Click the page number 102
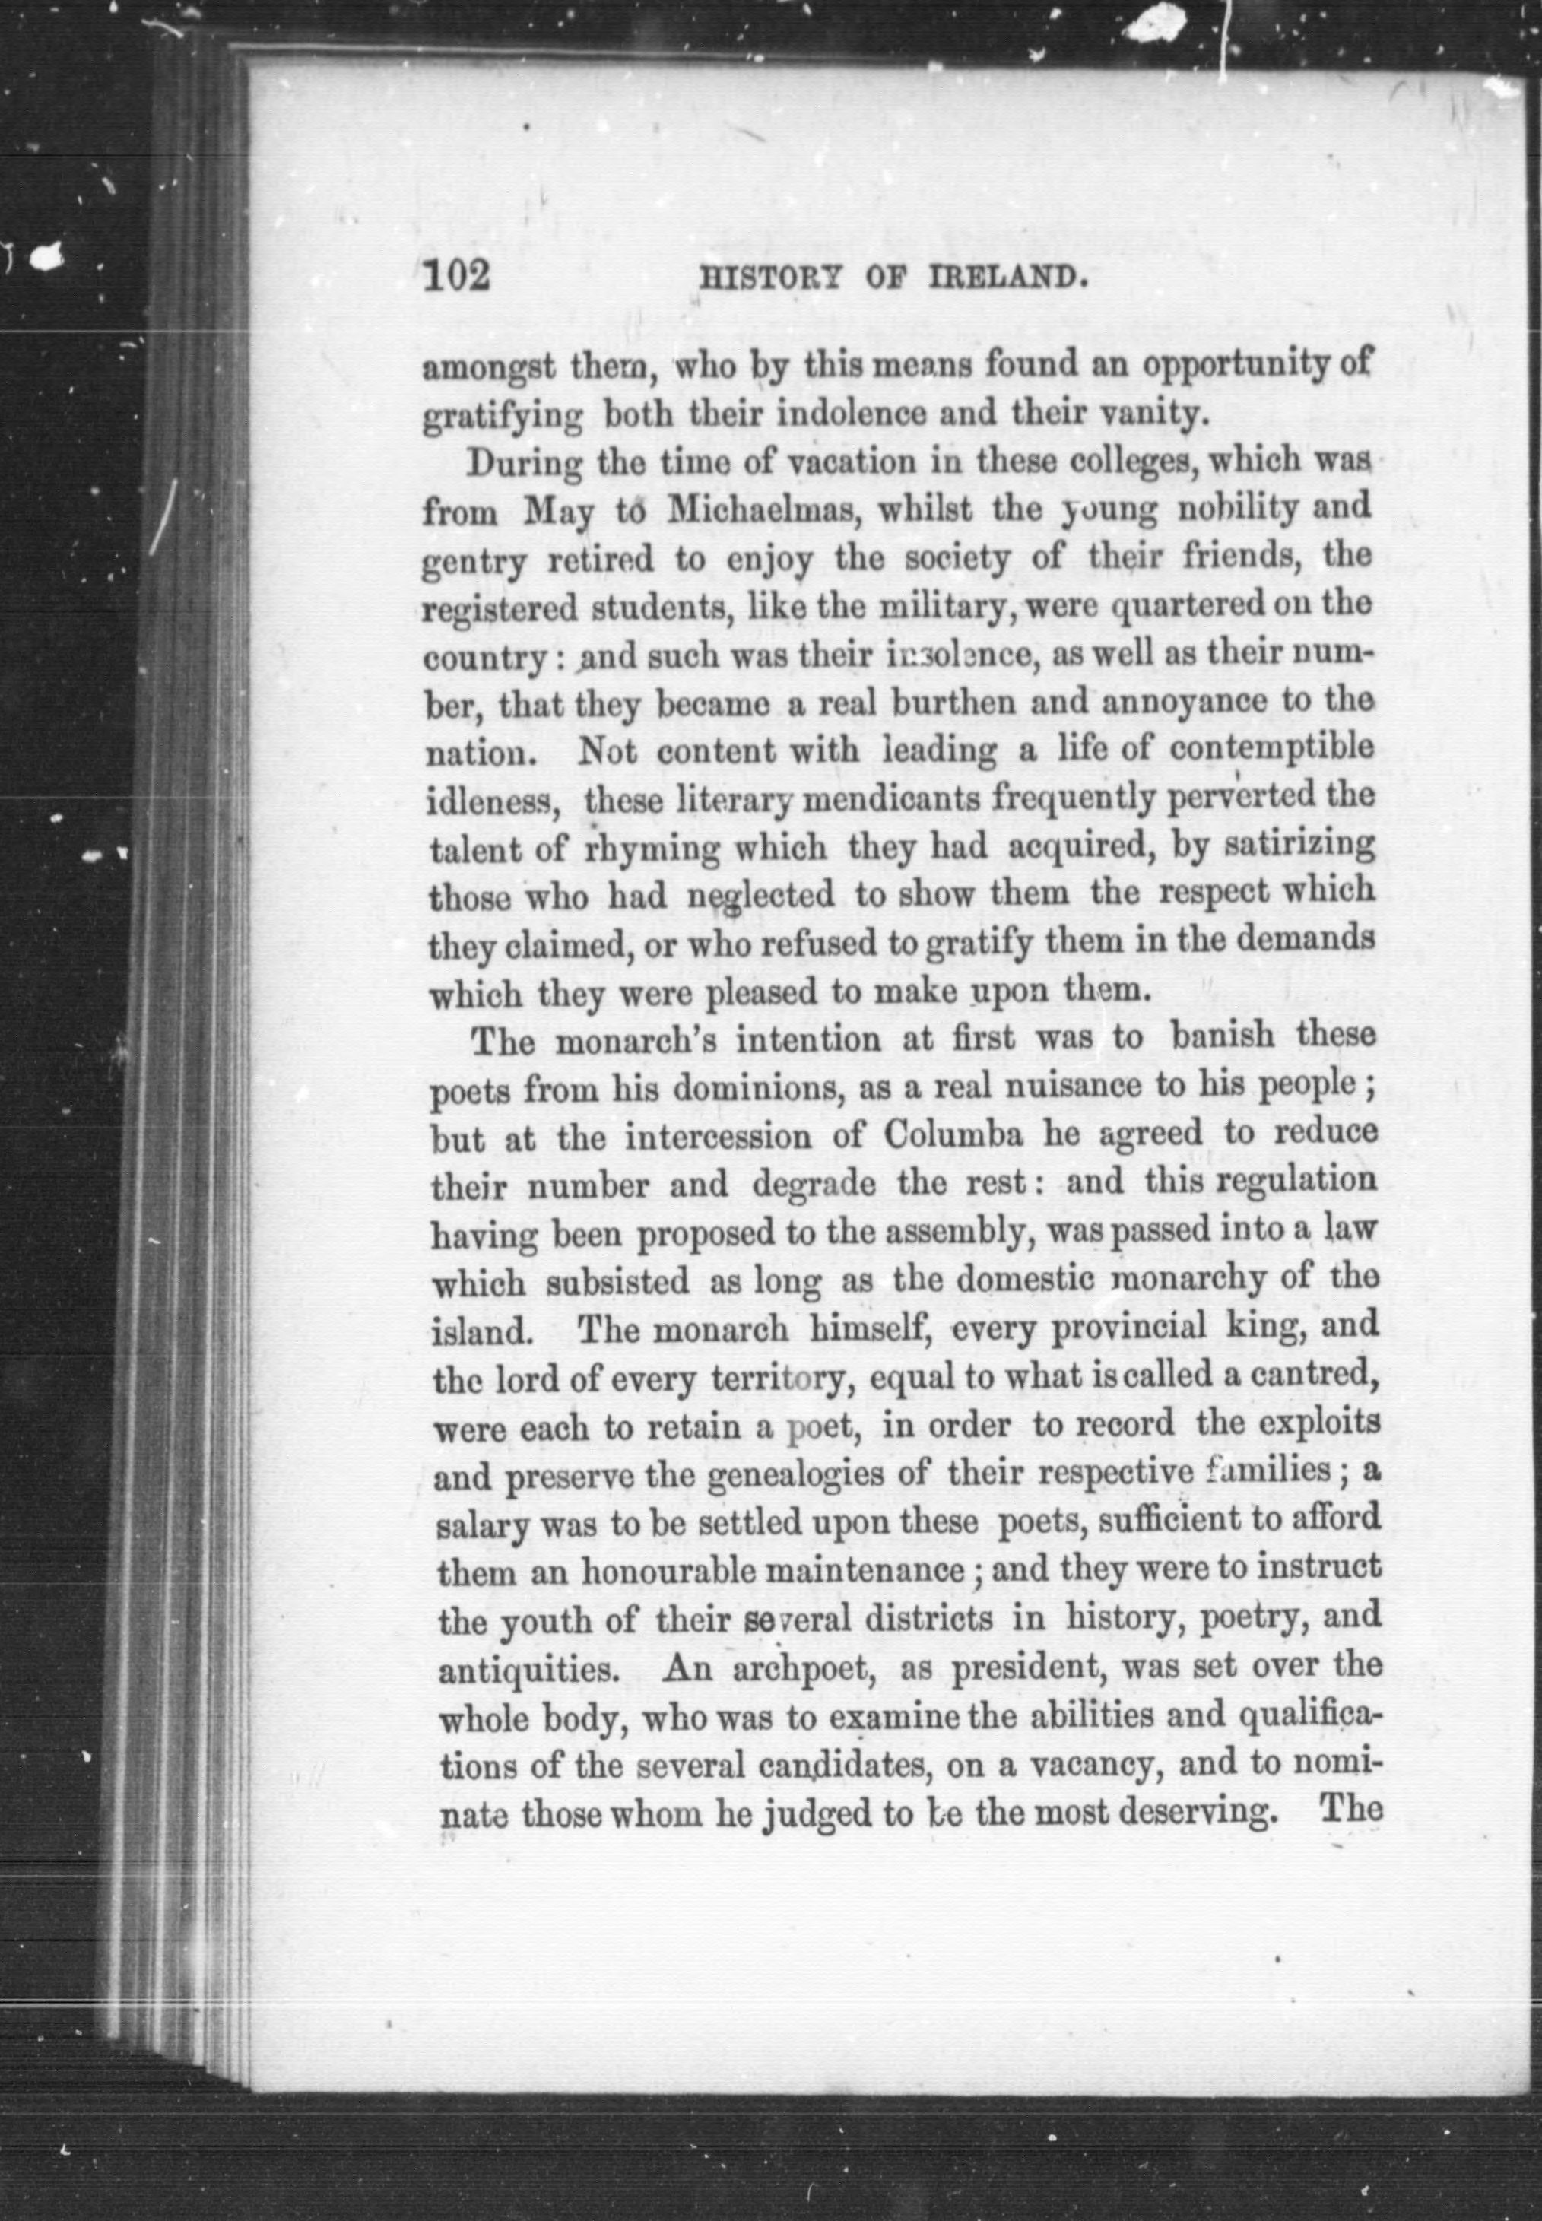pos(457,278)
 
